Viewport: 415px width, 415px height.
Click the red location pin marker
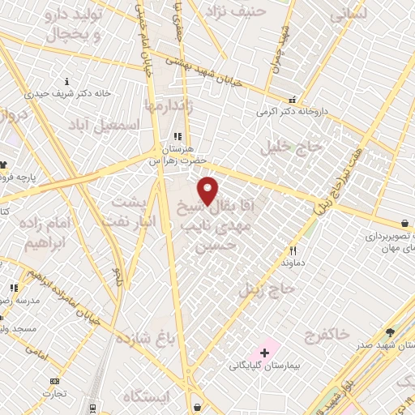click(208, 190)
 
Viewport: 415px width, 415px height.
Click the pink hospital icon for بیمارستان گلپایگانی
click(264, 353)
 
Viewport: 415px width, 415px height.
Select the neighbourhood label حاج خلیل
click(291, 148)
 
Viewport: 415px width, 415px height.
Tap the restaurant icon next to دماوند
click(293, 251)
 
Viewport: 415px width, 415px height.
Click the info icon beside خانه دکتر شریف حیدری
click(66, 81)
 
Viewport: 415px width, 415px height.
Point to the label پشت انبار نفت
click(138, 209)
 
